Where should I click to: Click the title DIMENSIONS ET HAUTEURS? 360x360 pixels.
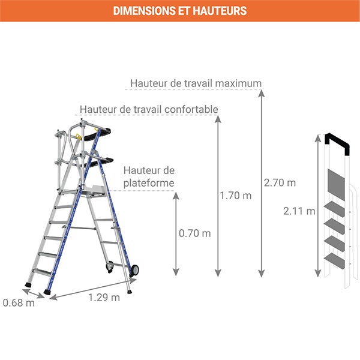coord(179,11)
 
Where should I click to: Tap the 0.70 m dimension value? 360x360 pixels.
coord(195,233)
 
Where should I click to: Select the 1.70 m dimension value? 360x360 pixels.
coord(236,196)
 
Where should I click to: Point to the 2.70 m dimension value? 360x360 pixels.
coord(280,182)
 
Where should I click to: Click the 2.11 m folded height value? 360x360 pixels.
coord(299,211)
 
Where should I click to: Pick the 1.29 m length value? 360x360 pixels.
coord(104,296)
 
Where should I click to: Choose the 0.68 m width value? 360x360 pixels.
coord(19,302)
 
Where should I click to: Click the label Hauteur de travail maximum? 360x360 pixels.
coord(196,83)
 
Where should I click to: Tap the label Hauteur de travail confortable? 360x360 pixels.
coord(148,109)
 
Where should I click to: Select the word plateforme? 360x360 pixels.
coord(149,182)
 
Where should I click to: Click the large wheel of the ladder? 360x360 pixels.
coord(134,270)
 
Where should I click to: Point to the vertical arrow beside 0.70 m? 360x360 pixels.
coord(176,234)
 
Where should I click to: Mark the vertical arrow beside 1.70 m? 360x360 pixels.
coord(218,196)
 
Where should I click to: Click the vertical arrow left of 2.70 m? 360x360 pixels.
coord(261,183)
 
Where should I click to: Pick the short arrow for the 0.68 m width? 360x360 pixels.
coord(35,293)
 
